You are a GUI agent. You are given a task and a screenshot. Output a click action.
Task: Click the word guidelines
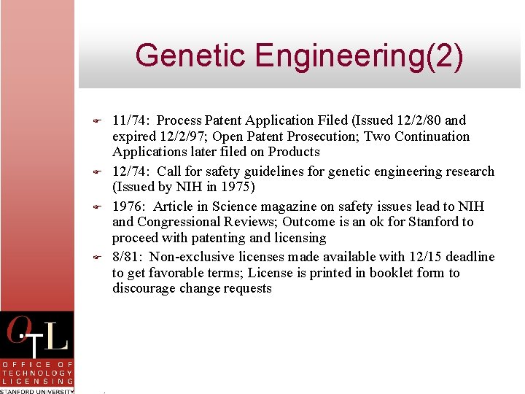(279, 171)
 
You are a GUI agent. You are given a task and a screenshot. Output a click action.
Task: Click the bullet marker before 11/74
(96, 120)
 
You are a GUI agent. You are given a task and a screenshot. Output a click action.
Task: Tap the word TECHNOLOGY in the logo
(36, 372)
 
